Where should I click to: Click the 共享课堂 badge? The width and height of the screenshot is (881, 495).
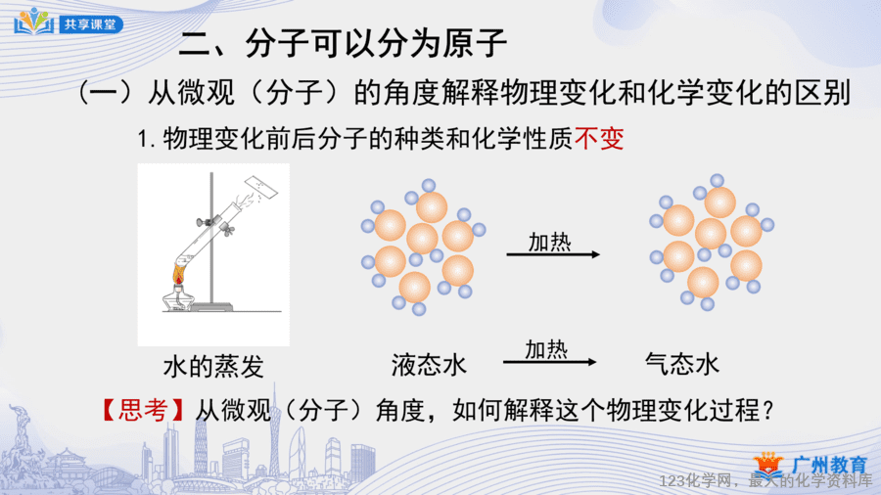pyautogui.click(x=91, y=24)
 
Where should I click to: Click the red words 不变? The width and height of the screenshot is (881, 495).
pyautogui.click(x=599, y=139)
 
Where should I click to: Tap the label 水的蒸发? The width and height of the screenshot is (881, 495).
pyautogui.click(x=213, y=367)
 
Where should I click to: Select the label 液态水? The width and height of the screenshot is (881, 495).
pyautogui.click(x=429, y=365)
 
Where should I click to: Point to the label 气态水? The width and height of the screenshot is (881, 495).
pyautogui.click(x=682, y=364)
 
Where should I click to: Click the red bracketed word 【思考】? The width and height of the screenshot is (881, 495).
pyautogui.click(x=143, y=410)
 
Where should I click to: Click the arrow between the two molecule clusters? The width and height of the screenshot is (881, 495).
pyautogui.click(x=553, y=254)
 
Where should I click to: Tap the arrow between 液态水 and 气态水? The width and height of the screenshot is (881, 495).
pyautogui.click(x=549, y=362)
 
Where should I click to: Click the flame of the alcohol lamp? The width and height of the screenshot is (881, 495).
pyautogui.click(x=179, y=275)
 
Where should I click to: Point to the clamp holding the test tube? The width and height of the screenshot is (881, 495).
pyautogui.click(x=215, y=224)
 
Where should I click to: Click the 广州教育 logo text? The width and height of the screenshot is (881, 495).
pyautogui.click(x=829, y=466)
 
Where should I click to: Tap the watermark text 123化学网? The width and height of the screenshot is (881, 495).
pyautogui.click(x=696, y=481)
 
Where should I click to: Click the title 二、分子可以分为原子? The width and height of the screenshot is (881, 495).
pyautogui.click(x=343, y=43)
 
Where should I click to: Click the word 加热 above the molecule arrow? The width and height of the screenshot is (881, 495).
pyautogui.click(x=549, y=243)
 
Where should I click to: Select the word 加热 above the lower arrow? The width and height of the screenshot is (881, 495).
pyautogui.click(x=546, y=349)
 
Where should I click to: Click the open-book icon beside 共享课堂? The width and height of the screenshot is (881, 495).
pyautogui.click(x=34, y=22)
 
